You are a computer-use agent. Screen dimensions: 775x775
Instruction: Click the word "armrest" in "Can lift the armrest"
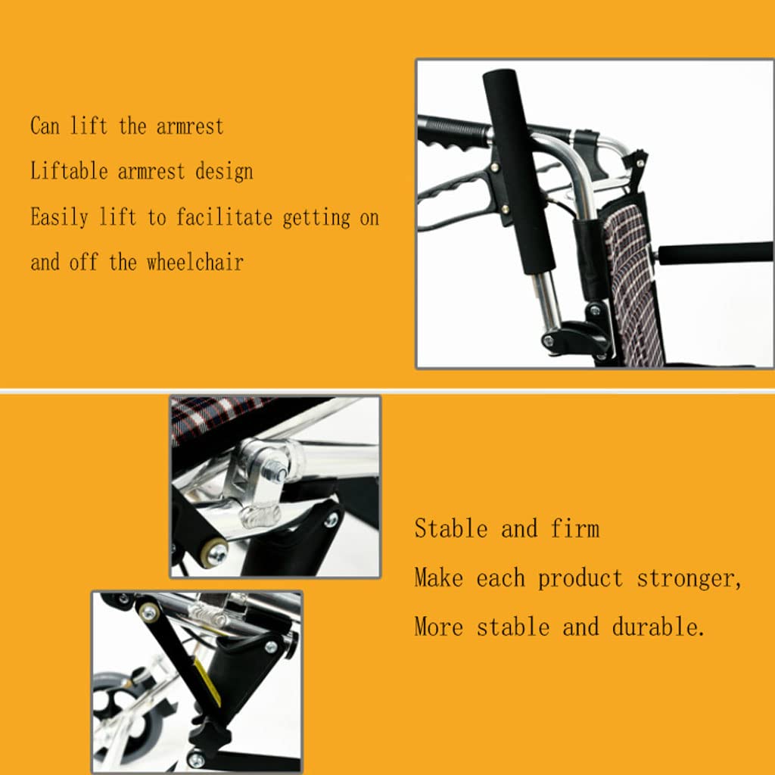190,126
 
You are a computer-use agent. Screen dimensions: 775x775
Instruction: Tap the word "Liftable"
69,171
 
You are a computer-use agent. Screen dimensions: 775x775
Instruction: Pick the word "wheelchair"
195,262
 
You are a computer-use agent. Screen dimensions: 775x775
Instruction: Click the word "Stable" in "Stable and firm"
451,528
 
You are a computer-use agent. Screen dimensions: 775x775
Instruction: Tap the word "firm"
575,528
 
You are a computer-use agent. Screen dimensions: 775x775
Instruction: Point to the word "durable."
658,627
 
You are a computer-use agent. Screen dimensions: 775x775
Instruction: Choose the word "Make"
439,577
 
